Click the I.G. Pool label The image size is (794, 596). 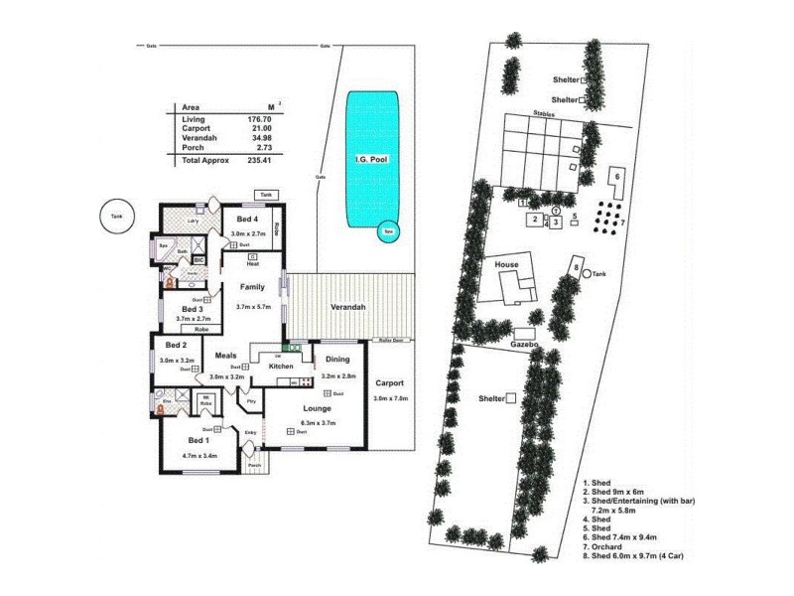(x=370, y=159)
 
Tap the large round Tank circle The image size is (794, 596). (x=117, y=218)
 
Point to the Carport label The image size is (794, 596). (x=389, y=382)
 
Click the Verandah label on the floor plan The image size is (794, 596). (x=348, y=307)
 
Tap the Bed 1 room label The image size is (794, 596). (x=198, y=440)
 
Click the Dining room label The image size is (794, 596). (x=338, y=360)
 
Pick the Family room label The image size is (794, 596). (x=253, y=287)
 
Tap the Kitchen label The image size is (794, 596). (x=282, y=367)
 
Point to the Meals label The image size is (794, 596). (x=224, y=355)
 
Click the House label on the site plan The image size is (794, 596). (x=506, y=266)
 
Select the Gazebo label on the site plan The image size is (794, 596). (x=524, y=344)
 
